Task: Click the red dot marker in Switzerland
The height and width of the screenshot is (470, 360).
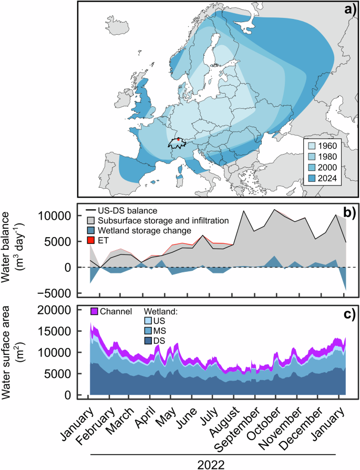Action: coord(179,140)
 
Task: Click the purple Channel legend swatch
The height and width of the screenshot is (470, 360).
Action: coord(95,312)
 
